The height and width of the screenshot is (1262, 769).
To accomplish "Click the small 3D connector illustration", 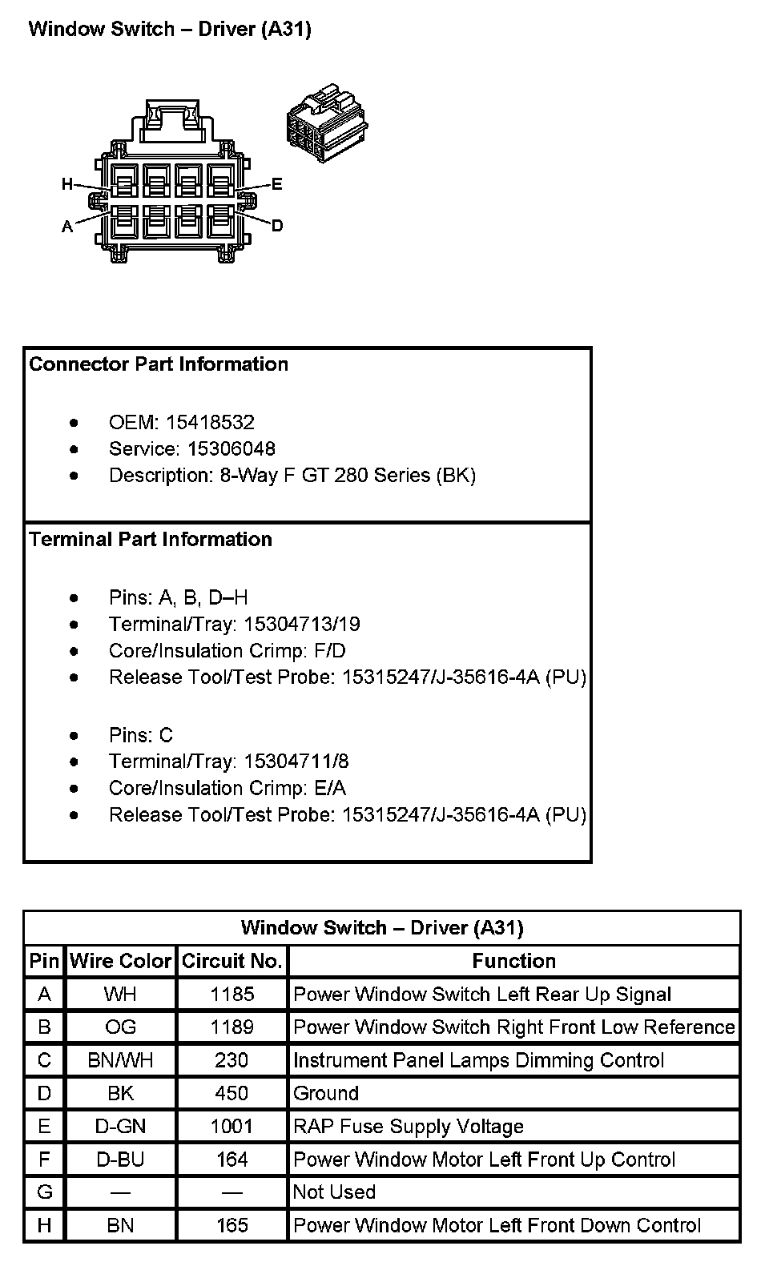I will pos(326,124).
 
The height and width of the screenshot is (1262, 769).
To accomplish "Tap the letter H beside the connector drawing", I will pos(67,185).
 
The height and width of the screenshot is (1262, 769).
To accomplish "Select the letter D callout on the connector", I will pos(277,226).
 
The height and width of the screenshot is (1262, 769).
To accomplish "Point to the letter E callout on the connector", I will pos(277,185).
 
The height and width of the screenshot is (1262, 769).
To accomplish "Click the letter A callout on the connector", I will pos(67,227).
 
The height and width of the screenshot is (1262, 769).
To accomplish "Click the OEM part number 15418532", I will pos(210,422).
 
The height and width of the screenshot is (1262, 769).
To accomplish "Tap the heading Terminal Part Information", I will pos(151,539).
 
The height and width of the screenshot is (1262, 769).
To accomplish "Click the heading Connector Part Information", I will pos(159,364).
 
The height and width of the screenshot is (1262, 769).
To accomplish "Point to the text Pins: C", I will pos(141,735).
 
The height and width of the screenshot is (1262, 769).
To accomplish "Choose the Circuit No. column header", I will pos(232,961).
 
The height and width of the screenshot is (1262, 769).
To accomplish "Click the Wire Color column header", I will pos(121,961).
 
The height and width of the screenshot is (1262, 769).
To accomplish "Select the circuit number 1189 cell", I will pos(232,1027).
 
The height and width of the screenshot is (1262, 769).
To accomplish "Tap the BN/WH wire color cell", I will pos(120,1060).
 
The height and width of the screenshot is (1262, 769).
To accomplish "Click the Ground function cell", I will pos(326,1093).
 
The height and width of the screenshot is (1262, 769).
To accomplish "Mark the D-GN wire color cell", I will pos(120,1126).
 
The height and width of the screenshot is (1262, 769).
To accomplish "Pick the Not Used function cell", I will pos(334,1192).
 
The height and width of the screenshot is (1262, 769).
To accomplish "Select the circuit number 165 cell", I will pos(232,1225).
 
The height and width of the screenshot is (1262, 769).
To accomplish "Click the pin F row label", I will pos(44,1160).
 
